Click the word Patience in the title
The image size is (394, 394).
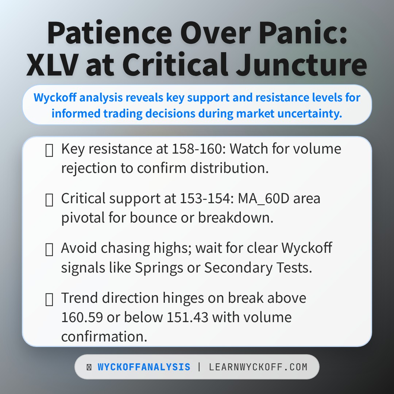[x=109, y=33]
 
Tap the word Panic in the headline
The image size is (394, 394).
[x=303, y=33]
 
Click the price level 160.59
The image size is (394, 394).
[x=82, y=317]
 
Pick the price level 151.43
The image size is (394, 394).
[x=188, y=317]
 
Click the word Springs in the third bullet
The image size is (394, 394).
[x=159, y=268]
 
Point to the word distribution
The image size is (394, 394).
[x=229, y=168]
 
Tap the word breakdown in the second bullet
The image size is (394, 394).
[x=236, y=217]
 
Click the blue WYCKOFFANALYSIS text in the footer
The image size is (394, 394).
[x=144, y=367]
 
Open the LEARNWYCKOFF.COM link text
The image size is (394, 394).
[x=258, y=367]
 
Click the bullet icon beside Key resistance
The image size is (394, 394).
[x=49, y=151]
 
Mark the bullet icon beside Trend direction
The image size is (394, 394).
[x=49, y=300]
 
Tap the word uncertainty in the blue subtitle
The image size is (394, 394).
[x=310, y=113]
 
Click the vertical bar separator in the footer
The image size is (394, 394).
[x=200, y=367]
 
